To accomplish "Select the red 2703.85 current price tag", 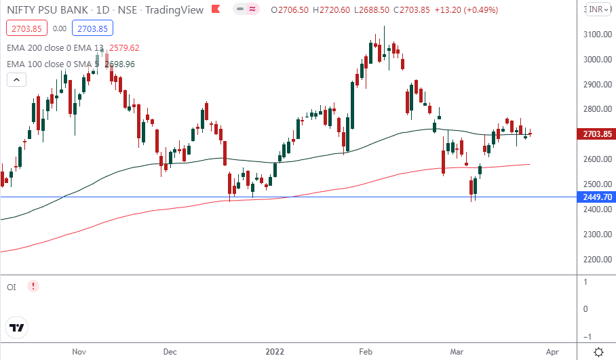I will click(597, 134).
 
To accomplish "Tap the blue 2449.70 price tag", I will click(597, 197).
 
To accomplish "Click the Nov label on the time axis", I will click(79, 352).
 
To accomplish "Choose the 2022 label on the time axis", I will click(274, 352).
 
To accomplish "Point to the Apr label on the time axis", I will click(552, 352).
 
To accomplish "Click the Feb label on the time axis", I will click(366, 352).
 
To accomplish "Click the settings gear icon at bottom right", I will click(599, 352).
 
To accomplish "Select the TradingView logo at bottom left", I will click(17, 327).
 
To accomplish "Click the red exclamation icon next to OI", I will click(33, 287).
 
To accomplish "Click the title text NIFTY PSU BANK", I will click(45, 9).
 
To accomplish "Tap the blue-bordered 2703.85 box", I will click(94, 28).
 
